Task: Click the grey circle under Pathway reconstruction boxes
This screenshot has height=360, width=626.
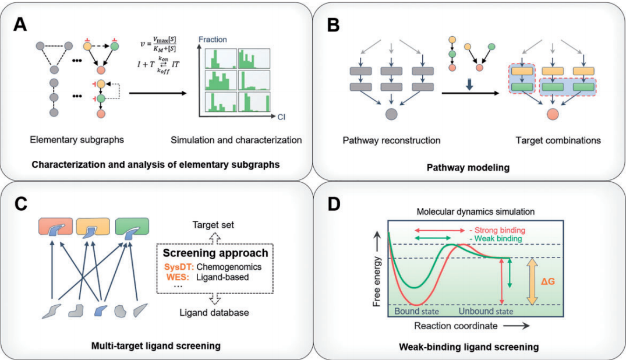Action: point(391,113)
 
